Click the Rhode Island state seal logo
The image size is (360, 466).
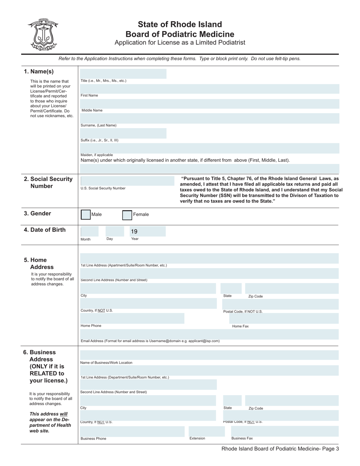click(43, 34)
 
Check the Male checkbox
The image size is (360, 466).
click(86, 215)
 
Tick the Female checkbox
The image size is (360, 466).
click(127, 215)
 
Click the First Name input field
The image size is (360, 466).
click(210, 89)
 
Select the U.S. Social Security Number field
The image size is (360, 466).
click(123, 181)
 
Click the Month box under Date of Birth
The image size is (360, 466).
click(89, 231)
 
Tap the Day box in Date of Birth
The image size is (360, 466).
click(114, 231)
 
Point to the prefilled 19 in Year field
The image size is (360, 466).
click(134, 231)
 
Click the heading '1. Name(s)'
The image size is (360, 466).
click(39, 72)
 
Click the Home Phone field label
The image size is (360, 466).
click(91, 326)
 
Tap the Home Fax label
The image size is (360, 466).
click(240, 326)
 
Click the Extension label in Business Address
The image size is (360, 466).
click(197, 438)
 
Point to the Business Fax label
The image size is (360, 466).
click(242, 438)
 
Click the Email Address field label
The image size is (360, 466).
click(150, 341)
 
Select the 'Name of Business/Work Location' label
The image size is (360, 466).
click(106, 363)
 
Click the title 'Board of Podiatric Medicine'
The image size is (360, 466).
click(180, 34)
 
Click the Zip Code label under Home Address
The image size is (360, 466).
click(255, 296)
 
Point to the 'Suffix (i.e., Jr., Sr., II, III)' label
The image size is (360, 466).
click(99, 140)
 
